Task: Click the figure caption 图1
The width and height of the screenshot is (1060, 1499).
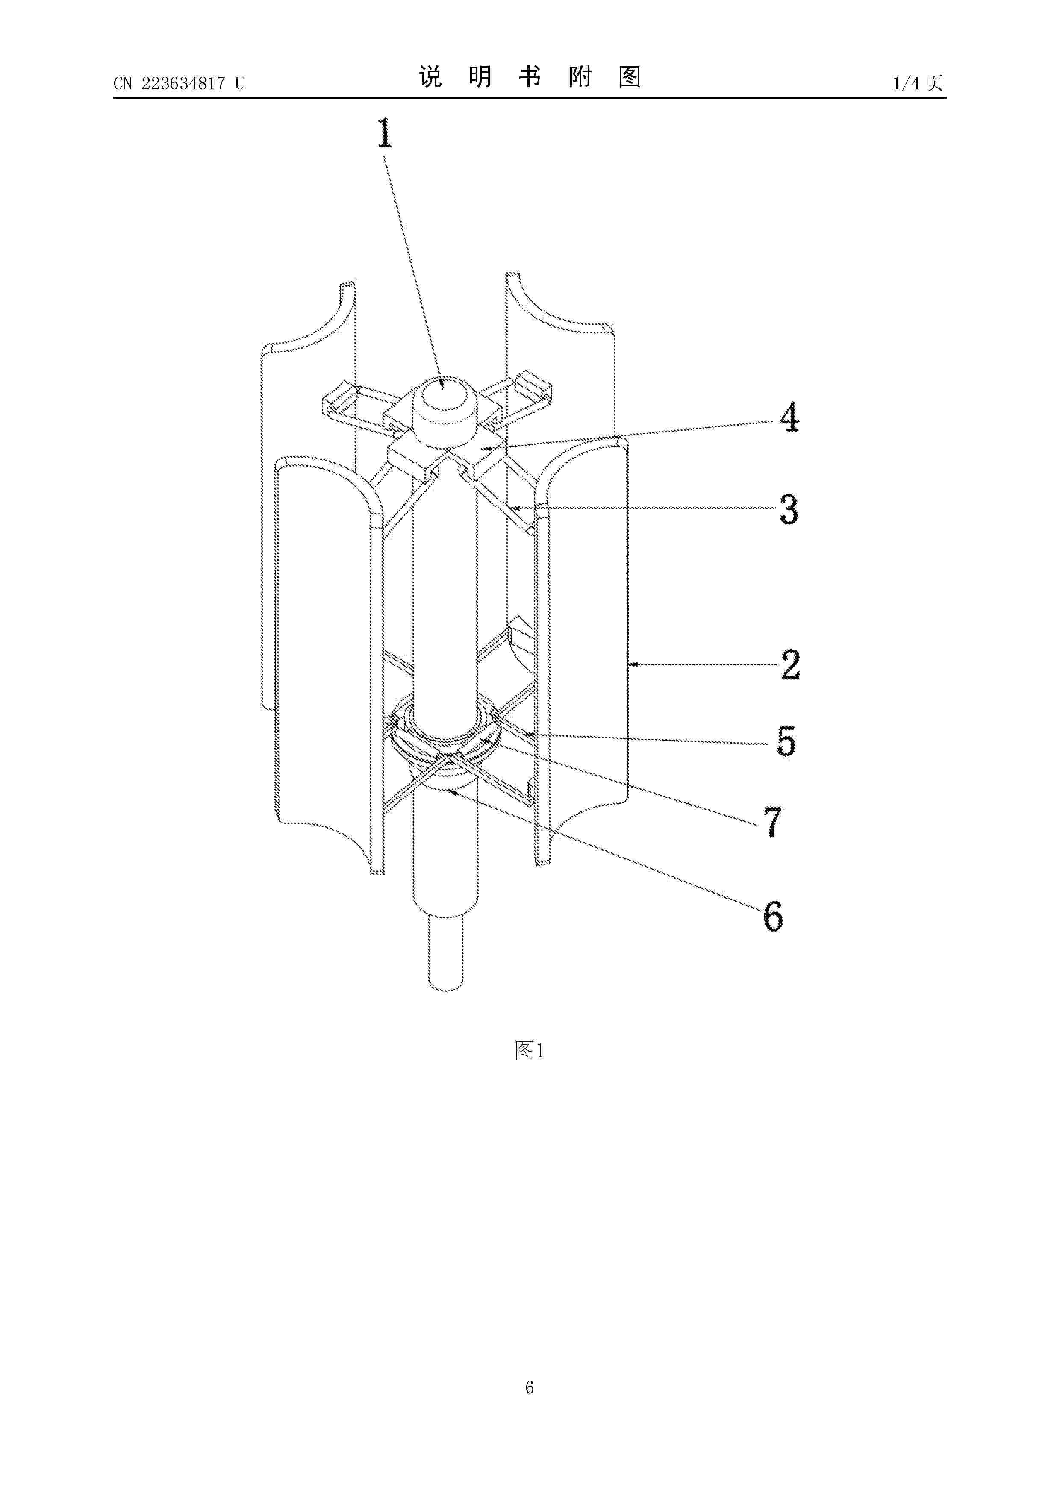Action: tap(529, 1050)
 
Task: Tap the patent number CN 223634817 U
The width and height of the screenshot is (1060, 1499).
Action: tap(179, 83)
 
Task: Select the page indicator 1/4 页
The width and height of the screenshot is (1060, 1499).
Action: tap(918, 83)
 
